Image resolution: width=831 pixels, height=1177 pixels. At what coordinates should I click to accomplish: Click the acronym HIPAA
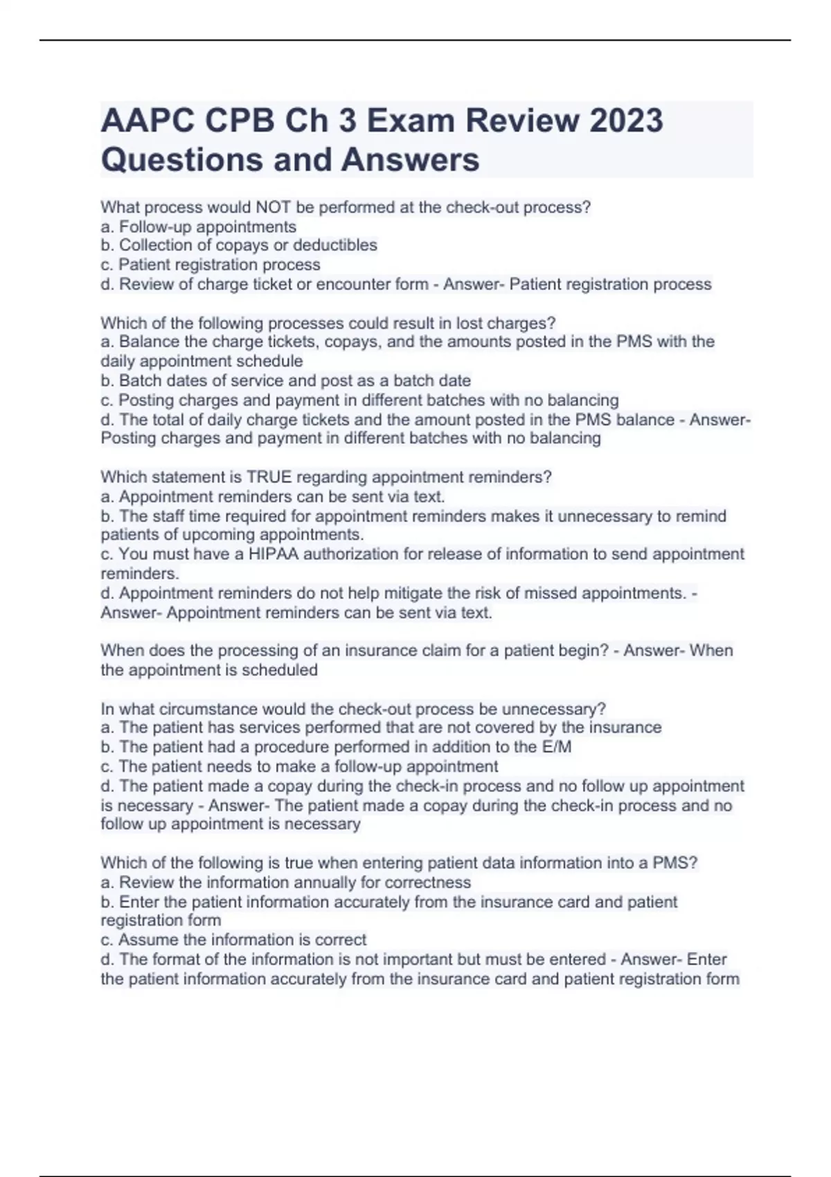coord(273,554)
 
